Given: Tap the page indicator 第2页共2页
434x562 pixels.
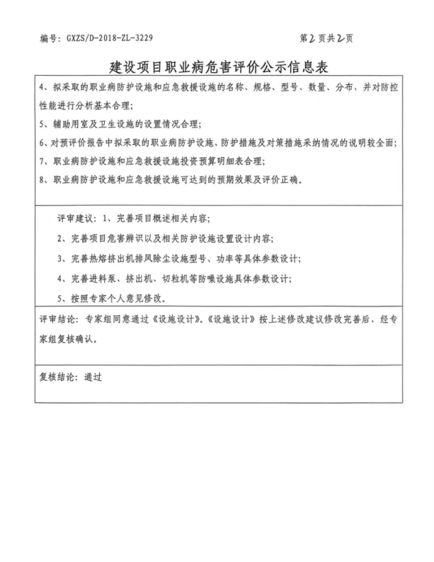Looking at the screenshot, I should pos(326,37).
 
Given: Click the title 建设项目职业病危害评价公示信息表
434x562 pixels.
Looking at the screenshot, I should pos(216,67).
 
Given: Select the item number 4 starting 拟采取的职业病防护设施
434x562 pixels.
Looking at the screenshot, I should pos(42,88).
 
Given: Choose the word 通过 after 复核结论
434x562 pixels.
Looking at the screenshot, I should pos(93,377).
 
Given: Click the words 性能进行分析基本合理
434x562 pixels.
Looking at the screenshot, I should pos(91,105).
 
